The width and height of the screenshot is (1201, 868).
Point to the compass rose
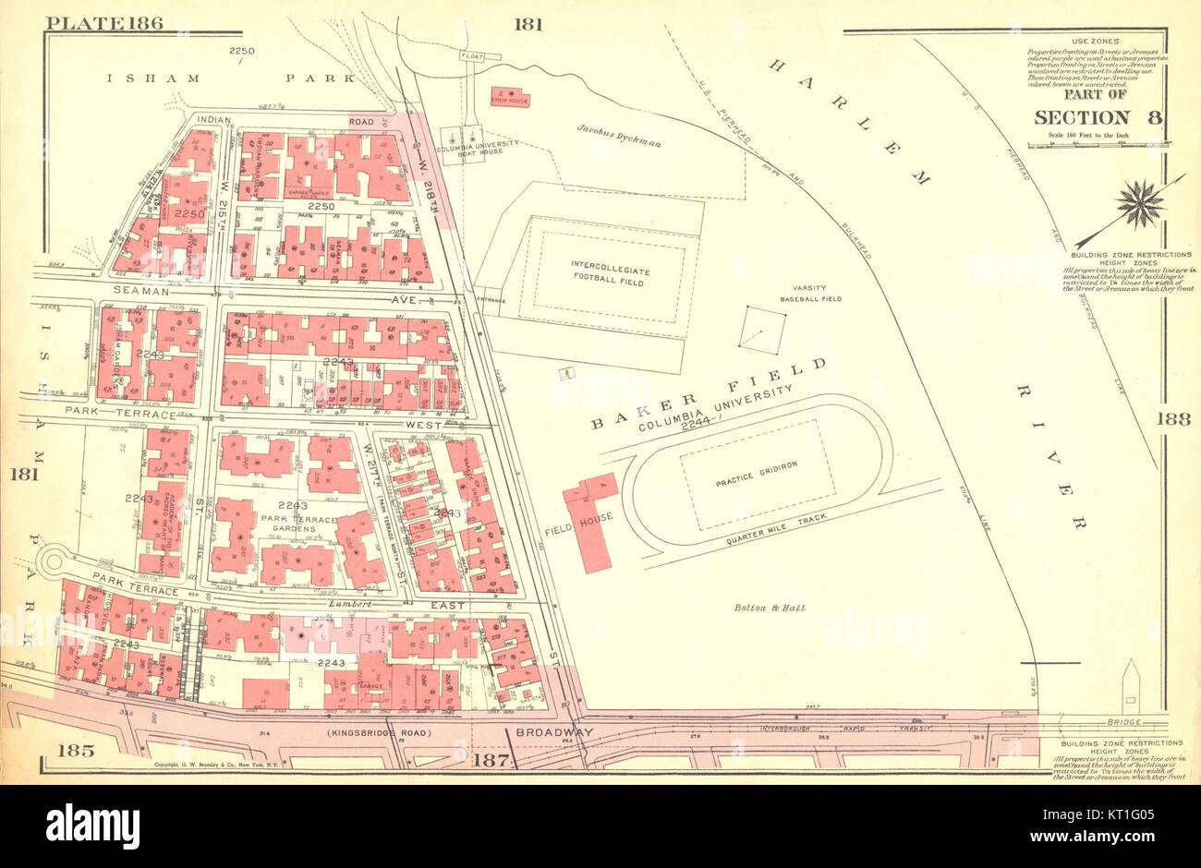[1139, 203]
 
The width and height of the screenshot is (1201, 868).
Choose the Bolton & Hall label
[770, 608]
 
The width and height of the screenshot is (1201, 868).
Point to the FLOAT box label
[471, 56]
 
